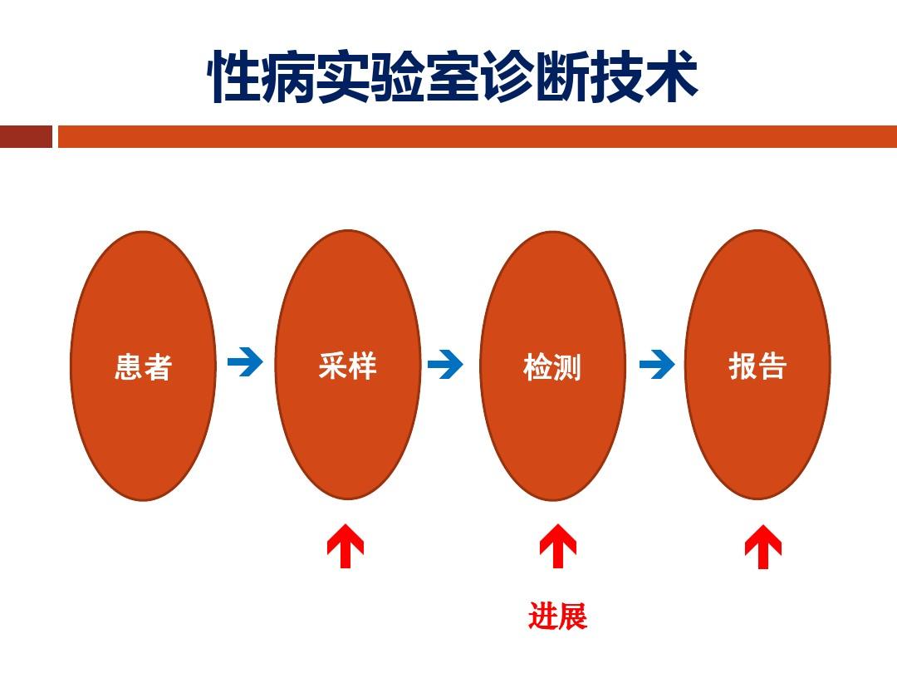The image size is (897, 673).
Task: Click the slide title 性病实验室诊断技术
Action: click(x=453, y=77)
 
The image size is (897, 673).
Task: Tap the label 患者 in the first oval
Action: click(x=143, y=367)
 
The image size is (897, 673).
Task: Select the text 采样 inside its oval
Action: click(x=348, y=366)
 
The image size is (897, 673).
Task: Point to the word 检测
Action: click(x=552, y=367)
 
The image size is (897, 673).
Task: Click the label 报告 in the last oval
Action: click(x=757, y=366)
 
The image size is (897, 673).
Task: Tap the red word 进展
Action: click(x=558, y=616)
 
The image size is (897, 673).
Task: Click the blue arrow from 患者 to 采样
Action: click(x=245, y=362)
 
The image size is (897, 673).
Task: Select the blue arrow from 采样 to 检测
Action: click(x=445, y=364)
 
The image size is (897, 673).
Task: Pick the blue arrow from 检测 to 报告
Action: click(x=657, y=364)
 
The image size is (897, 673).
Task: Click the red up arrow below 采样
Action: click(x=345, y=545)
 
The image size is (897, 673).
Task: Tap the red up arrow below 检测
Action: click(x=558, y=546)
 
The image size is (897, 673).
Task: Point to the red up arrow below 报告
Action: click(x=763, y=547)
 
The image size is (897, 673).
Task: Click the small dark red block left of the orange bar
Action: click(x=26, y=137)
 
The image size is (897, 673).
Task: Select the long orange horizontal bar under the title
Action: click(x=478, y=137)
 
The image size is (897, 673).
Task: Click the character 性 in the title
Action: click(x=234, y=77)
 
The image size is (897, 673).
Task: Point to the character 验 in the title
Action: click(x=398, y=77)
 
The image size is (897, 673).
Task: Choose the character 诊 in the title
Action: click(x=507, y=77)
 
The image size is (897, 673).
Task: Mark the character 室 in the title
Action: click(x=453, y=77)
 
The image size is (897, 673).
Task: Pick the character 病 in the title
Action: click(x=289, y=77)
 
